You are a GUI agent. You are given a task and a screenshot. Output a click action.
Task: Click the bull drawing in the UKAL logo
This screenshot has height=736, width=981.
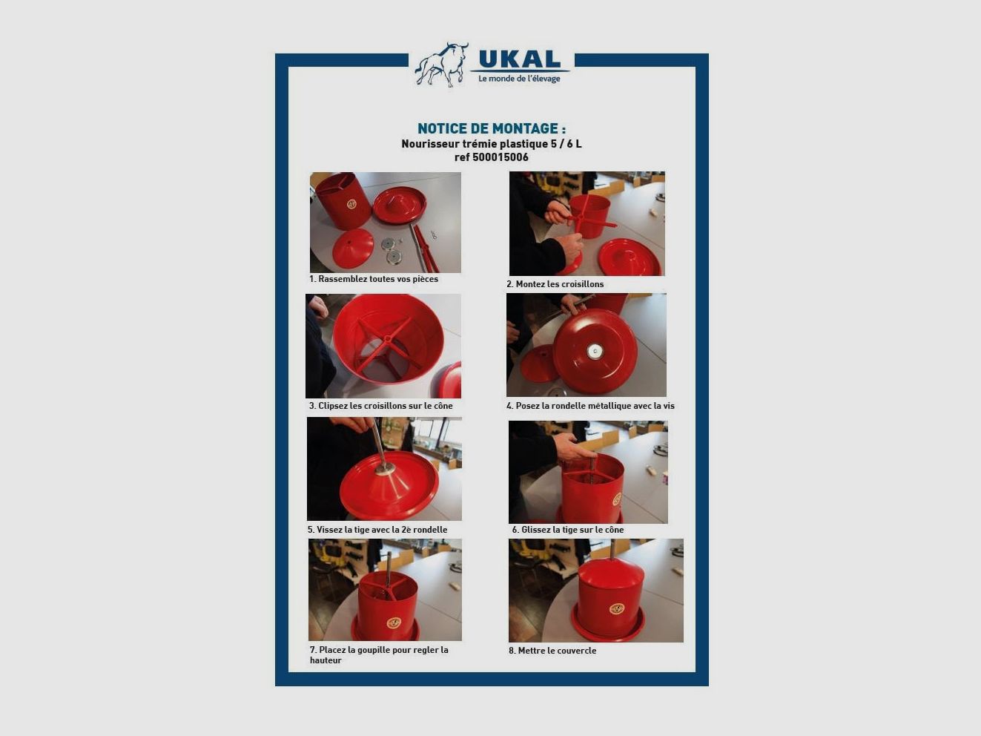[442, 65]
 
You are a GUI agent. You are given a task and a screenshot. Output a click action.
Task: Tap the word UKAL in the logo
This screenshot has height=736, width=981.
[519, 59]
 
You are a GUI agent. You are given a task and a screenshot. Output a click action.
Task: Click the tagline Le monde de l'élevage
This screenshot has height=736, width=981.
[519, 79]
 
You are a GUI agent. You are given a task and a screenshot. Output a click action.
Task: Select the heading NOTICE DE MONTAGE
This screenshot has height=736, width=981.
[491, 128]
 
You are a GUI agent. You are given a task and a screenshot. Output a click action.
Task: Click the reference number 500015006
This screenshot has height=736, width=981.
[500, 157]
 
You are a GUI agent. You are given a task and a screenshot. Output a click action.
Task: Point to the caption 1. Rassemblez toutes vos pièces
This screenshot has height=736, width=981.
[374, 279]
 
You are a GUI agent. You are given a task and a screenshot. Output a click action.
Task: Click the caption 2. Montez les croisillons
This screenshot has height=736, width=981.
[555, 284]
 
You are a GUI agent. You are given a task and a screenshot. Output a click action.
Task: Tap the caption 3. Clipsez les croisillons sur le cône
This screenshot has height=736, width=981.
[381, 406]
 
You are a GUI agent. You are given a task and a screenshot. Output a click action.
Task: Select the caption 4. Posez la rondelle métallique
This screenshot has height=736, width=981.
[590, 406]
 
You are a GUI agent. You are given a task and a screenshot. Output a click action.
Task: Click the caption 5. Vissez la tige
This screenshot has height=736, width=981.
[377, 530]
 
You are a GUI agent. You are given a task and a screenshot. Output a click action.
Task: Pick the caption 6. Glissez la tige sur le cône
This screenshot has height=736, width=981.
[567, 530]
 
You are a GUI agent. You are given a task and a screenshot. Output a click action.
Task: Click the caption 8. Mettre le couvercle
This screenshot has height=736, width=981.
[552, 651]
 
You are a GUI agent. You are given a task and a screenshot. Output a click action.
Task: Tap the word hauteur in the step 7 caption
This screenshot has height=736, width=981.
[326, 660]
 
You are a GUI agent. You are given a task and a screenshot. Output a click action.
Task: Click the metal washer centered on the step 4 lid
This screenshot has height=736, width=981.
[595, 352]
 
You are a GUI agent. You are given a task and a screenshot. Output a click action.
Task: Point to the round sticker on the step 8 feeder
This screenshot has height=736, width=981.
[617, 608]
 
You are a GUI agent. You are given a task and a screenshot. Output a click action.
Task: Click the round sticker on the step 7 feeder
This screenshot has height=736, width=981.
[394, 623]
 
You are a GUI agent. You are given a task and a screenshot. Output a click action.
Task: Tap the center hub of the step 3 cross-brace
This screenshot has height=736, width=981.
[388, 339]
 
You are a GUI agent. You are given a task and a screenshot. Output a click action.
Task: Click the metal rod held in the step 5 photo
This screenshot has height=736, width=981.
[380, 444]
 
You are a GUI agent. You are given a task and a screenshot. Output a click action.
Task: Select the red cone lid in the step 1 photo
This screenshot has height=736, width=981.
[353, 248]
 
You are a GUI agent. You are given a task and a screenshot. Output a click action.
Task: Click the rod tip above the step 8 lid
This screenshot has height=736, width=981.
[612, 541]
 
